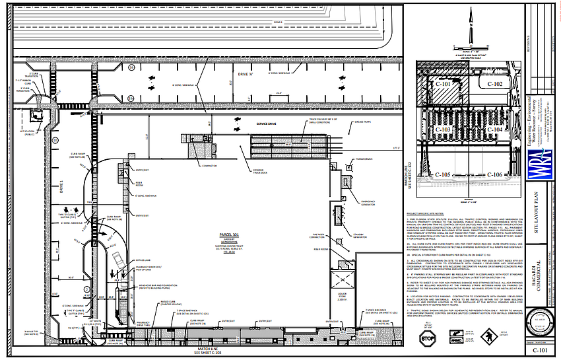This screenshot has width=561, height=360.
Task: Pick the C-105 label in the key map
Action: (444, 174)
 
